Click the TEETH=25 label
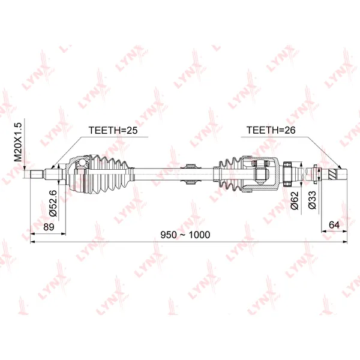113,130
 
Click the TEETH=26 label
271,130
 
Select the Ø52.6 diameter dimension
53,203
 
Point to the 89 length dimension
49,227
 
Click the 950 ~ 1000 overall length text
185,235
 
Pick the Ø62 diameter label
295,200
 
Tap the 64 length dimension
334,225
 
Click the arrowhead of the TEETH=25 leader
52,167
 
